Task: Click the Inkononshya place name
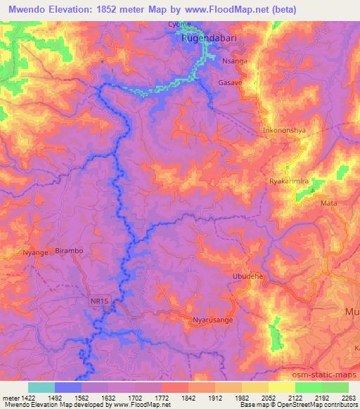tap(285, 131)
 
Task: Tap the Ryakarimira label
tap(290, 181)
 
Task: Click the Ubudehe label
tap(247, 277)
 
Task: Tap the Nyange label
tap(34, 252)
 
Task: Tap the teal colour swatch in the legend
tap(41, 387)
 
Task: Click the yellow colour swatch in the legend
tap(281, 387)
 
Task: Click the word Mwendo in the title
tap(27, 9)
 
